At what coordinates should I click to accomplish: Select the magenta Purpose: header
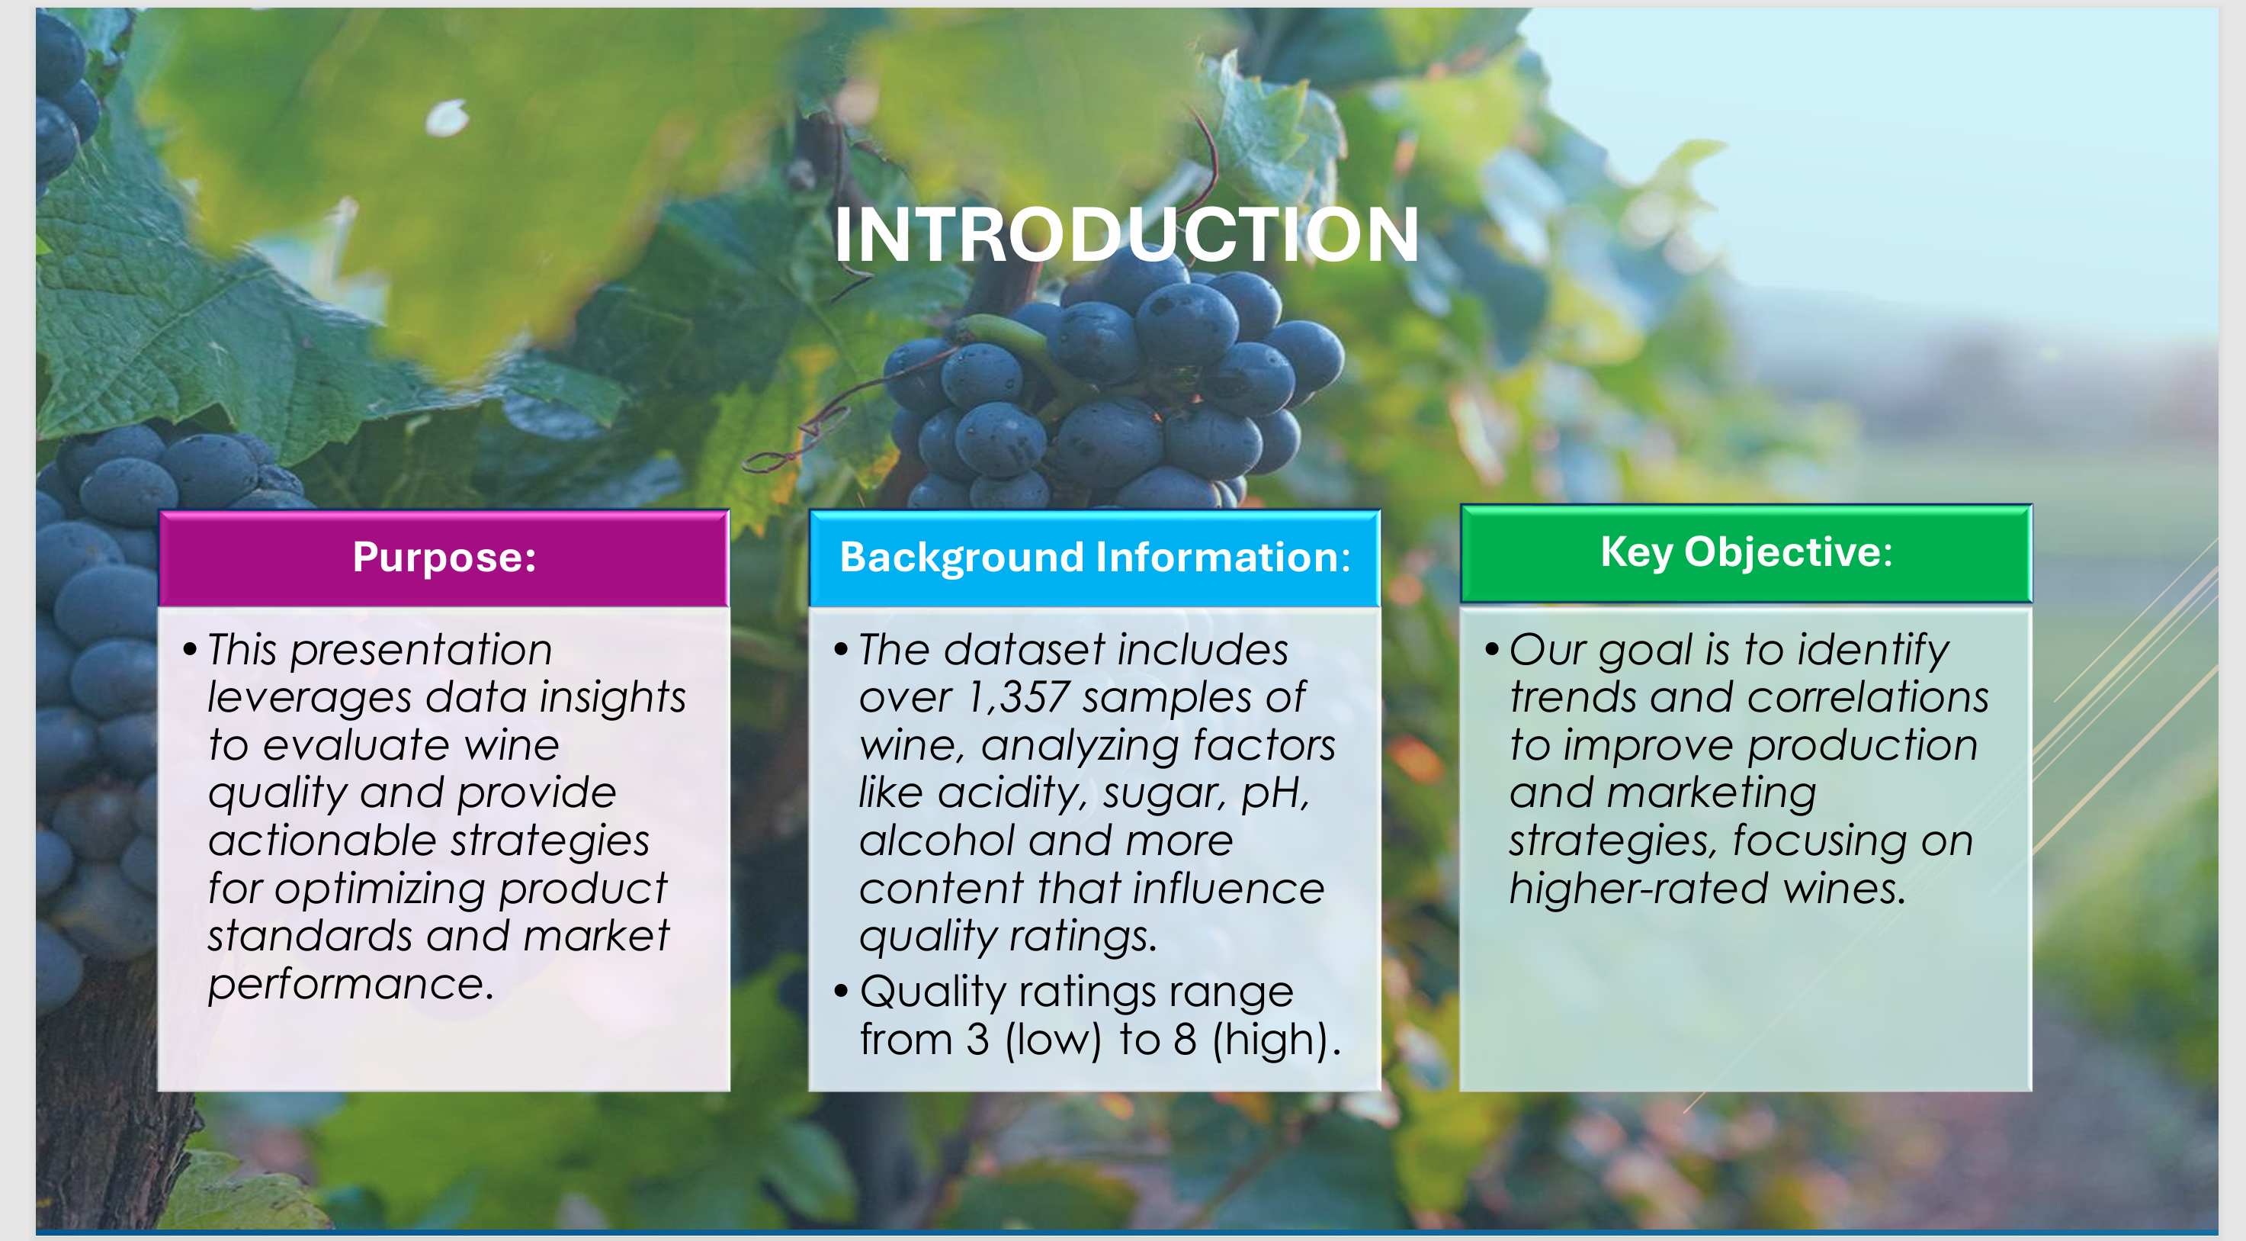coord(444,558)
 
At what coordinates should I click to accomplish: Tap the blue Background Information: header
coord(1094,558)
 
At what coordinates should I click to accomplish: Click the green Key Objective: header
coord(1746,552)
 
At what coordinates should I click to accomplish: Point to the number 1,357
coord(1018,697)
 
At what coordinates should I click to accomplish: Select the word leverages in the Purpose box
coord(309,698)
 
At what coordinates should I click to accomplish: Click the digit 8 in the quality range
coord(1184,1040)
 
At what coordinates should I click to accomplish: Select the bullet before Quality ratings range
coord(840,991)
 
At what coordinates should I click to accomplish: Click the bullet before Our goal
coord(1491,649)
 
